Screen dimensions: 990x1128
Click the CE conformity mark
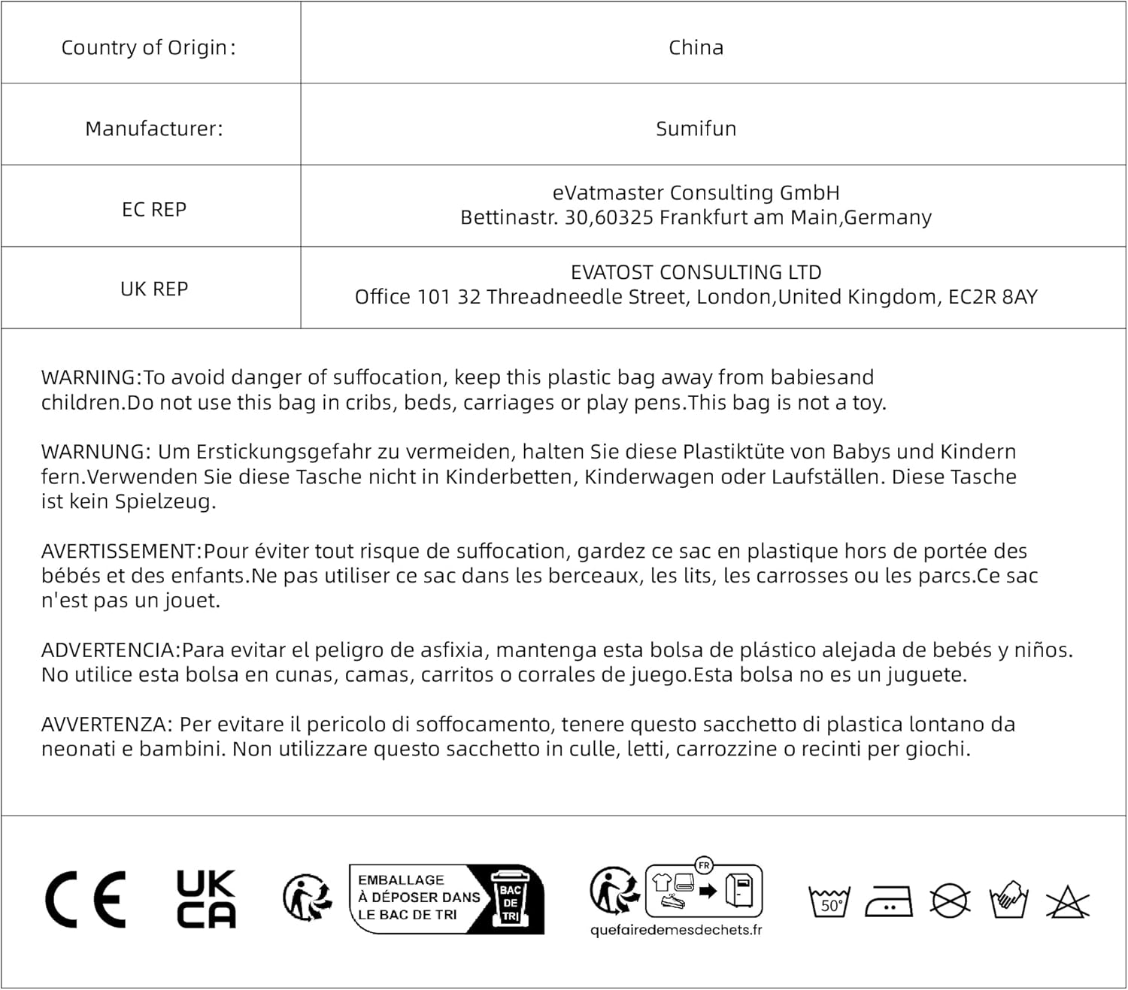[x=86, y=900]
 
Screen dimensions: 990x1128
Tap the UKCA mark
[x=205, y=899]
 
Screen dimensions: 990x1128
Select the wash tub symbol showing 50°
[x=829, y=901]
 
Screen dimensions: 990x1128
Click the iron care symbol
[x=889, y=901]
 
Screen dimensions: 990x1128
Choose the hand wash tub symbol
[x=1008, y=900]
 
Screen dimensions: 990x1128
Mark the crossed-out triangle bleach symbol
[x=1068, y=901]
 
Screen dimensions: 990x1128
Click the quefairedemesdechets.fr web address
[x=676, y=931]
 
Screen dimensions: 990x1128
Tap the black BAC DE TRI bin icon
[x=511, y=899]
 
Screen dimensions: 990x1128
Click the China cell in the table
[x=696, y=47]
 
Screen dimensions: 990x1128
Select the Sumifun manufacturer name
[x=696, y=129]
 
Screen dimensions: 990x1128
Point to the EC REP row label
[x=154, y=210]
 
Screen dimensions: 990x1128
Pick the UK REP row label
[x=154, y=289]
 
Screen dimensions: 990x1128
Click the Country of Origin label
[x=148, y=47]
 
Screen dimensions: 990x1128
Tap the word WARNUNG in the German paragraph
[x=97, y=452]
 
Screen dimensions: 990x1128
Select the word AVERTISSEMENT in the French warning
[x=120, y=551]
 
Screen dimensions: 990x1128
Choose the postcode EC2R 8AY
[x=993, y=297]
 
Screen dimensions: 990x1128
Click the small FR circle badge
[x=704, y=865]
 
